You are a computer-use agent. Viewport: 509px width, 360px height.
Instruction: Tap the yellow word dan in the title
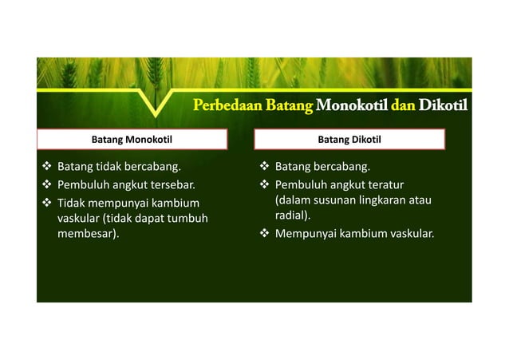tap(398, 105)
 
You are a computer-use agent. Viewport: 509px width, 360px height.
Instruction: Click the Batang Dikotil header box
tap(349, 140)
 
